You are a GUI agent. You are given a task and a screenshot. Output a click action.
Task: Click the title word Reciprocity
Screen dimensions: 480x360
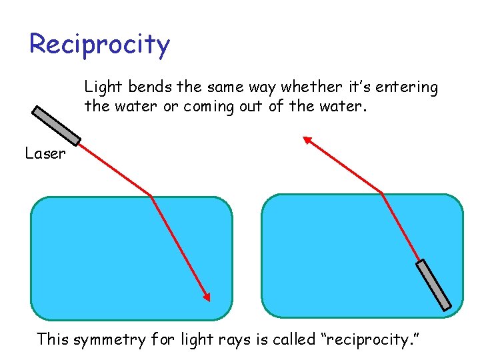[x=100, y=45]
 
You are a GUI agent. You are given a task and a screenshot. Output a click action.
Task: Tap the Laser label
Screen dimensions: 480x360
[x=45, y=154]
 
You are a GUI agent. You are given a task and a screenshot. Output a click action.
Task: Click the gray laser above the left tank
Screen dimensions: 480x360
[x=57, y=125]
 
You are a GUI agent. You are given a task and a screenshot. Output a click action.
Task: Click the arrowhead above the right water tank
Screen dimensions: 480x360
[x=307, y=140]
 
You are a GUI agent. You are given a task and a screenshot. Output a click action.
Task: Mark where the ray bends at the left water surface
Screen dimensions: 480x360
[x=152, y=196]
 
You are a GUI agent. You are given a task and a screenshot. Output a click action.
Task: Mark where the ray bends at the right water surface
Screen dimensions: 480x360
[x=382, y=193]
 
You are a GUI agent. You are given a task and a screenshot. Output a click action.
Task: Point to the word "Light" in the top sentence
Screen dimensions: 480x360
[x=100, y=87]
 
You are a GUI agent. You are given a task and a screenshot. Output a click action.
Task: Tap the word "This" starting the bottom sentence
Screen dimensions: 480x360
[x=53, y=339]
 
